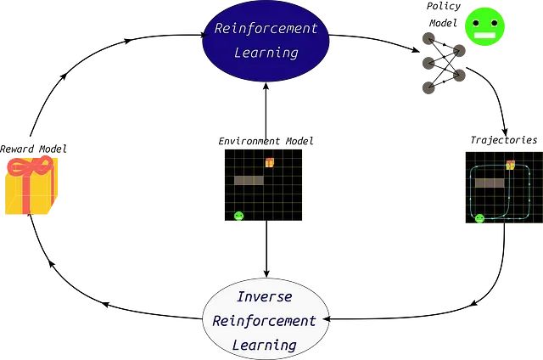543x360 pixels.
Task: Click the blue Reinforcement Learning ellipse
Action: pyautogui.click(x=266, y=41)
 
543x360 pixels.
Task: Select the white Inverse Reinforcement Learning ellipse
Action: pyautogui.click(x=266, y=319)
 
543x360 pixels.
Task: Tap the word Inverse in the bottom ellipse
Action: pyautogui.click(x=265, y=297)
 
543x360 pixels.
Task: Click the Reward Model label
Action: pyautogui.click(x=33, y=149)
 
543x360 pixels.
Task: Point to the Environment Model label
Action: pyautogui.click(x=266, y=141)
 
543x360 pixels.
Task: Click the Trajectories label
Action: pyautogui.click(x=504, y=140)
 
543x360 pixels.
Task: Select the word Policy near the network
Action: pyautogui.click(x=444, y=6)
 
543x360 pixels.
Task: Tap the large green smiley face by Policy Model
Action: pyautogui.click(x=484, y=26)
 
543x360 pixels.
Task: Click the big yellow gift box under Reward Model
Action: pyautogui.click(x=31, y=185)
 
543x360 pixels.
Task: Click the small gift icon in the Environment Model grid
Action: pyautogui.click(x=270, y=162)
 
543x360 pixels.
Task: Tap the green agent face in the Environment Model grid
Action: pyautogui.click(x=239, y=217)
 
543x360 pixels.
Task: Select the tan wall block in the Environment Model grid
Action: pyautogui.click(x=249, y=180)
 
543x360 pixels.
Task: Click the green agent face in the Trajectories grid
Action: pyautogui.click(x=479, y=219)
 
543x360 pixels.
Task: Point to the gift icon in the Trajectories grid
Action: pyautogui.click(x=511, y=165)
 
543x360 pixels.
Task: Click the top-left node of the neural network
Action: pyautogui.click(x=428, y=39)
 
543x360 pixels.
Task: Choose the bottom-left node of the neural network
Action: pyautogui.click(x=428, y=87)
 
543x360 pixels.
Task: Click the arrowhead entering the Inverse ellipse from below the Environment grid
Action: pyautogui.click(x=266, y=273)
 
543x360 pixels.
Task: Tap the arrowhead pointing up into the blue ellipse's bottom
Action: pyautogui.click(x=266, y=87)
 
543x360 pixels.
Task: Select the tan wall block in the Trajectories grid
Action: pyautogui.click(x=490, y=183)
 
